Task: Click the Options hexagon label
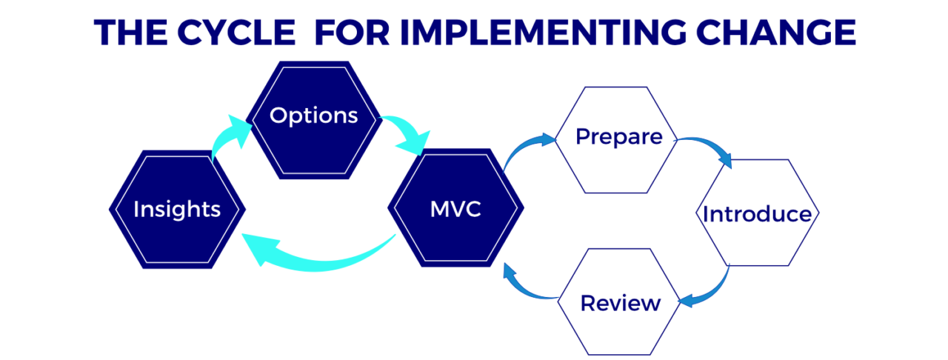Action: pyautogui.click(x=313, y=116)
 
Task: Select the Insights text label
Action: pyautogui.click(x=177, y=210)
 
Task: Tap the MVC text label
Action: pyautogui.click(x=455, y=210)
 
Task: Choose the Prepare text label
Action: pyautogui.click(x=618, y=137)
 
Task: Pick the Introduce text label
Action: pyautogui.click(x=757, y=215)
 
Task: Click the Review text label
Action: pyautogui.click(x=620, y=303)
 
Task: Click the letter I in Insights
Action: pyautogui.click(x=136, y=210)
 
